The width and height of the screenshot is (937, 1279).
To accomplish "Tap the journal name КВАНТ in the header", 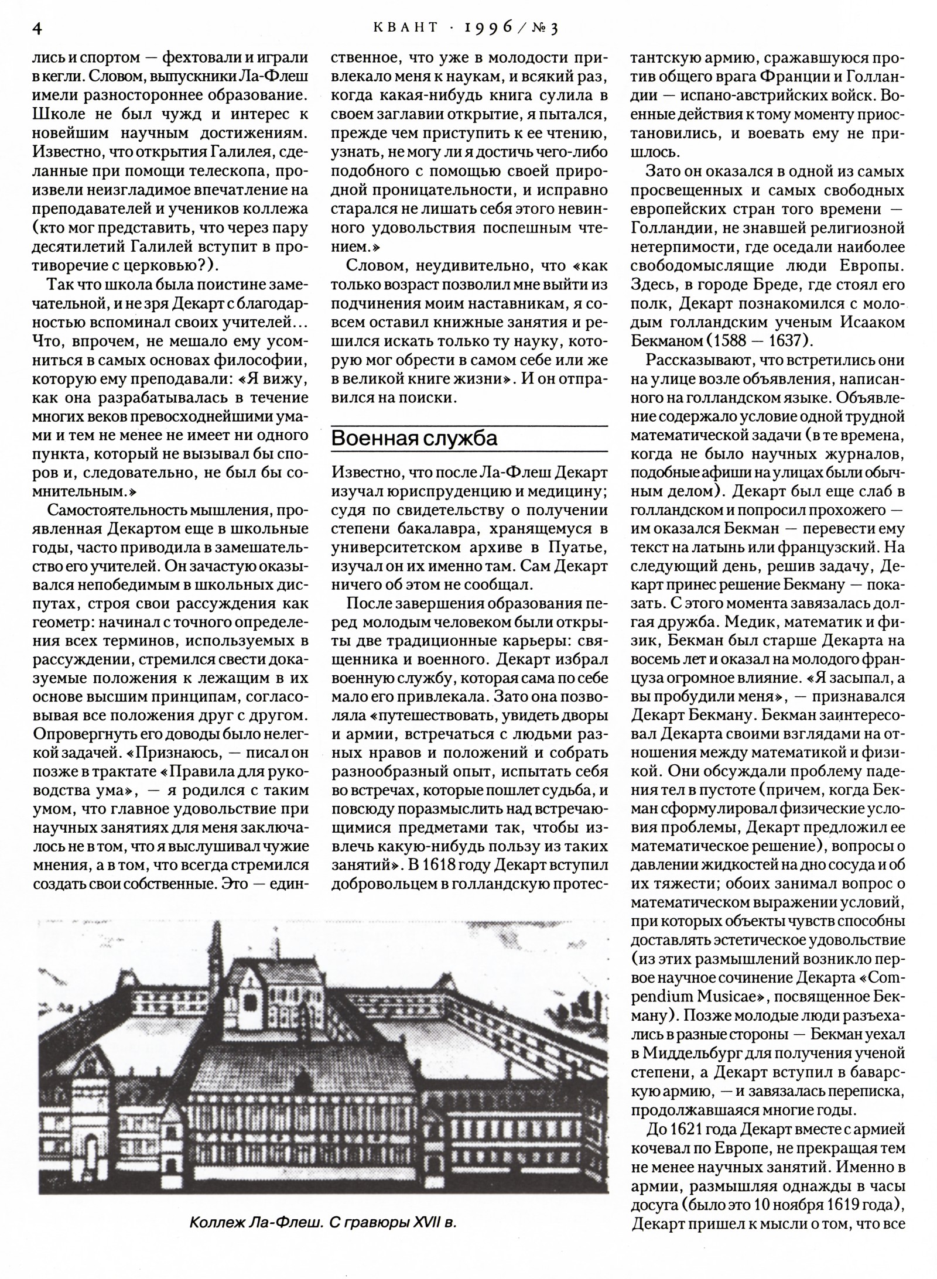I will (399, 28).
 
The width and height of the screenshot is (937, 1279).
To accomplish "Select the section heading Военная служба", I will (414, 438).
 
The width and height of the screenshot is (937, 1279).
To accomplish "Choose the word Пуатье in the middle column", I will (576, 548).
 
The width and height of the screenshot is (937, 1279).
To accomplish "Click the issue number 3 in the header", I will (553, 29).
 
